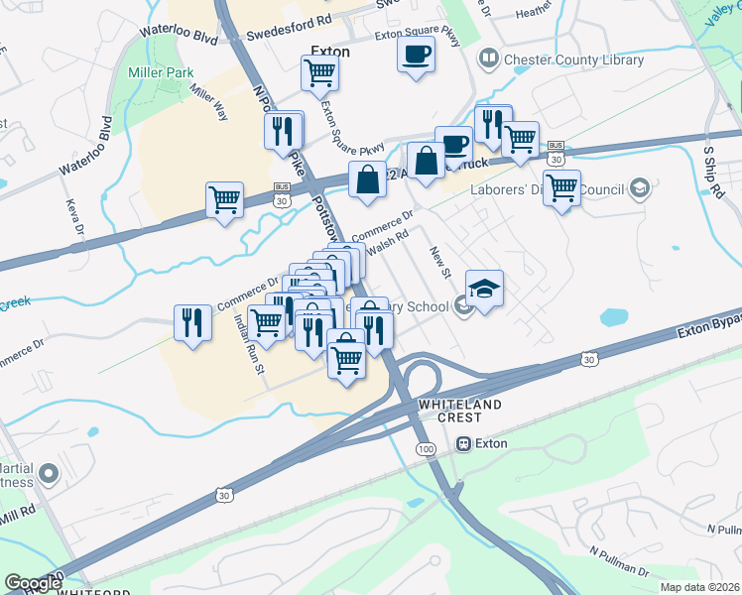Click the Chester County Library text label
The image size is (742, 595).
(573, 59)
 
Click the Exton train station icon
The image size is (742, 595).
(463, 444)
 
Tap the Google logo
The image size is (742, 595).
(32, 583)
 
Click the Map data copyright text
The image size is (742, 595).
(700, 587)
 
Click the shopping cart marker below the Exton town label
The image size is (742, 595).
(319, 71)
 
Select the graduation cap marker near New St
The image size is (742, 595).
(484, 289)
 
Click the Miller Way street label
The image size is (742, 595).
(209, 104)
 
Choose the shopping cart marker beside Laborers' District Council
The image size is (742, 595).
(562, 186)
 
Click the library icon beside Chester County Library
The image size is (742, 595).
(488, 59)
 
